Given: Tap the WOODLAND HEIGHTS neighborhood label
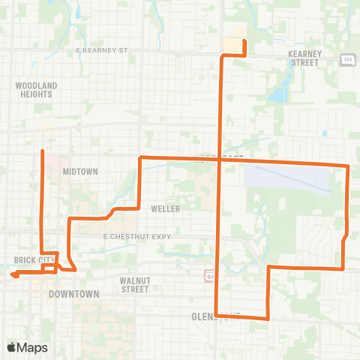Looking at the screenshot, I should click(36, 91).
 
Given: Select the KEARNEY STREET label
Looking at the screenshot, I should click(303, 58).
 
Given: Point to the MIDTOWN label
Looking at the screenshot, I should click(81, 172).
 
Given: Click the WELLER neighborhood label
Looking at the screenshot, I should click(165, 208).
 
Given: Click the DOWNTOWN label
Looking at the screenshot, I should click(73, 295).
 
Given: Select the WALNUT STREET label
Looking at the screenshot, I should click(135, 284).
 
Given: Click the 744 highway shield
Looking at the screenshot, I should click(347, 60).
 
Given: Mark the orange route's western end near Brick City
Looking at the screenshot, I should click(13, 274).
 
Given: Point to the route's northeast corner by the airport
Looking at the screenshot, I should click(349, 166).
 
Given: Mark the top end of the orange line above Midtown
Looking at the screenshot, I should click(41, 151).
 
